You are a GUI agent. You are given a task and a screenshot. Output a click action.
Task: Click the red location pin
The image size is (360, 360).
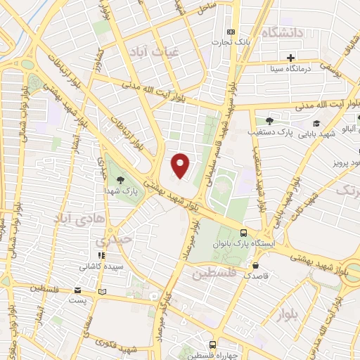click(181, 165)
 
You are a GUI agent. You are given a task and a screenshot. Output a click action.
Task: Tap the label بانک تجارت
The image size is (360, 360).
click(231, 43)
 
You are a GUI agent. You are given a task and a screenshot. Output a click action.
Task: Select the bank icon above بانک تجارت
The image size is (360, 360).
click(231, 32)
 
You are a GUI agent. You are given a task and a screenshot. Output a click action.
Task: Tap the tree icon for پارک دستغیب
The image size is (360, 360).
click(269, 121)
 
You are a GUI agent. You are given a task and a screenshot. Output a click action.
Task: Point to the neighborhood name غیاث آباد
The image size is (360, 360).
click(148, 51)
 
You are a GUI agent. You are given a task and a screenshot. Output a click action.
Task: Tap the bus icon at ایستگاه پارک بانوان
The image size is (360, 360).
click(243, 233)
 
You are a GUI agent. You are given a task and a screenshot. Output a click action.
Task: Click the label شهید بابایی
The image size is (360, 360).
click(314, 133)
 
